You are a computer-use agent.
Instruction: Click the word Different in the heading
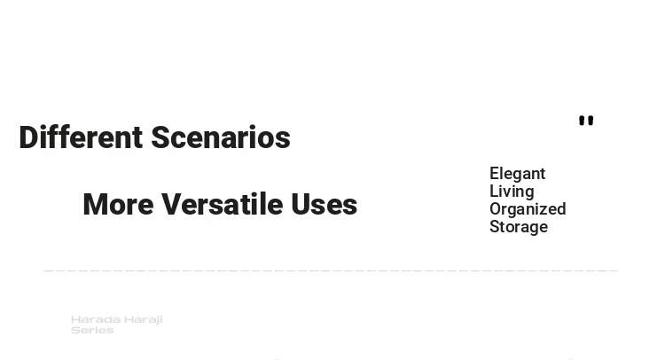[81, 137]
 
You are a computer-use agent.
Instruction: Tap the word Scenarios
[221, 137]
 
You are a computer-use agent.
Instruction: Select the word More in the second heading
[118, 204]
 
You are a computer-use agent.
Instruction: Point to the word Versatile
[223, 204]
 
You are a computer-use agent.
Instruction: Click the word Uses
[324, 204]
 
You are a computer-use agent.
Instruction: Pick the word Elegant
[518, 174]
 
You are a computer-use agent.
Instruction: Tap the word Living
[512, 192]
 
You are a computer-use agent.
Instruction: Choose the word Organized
[528, 209]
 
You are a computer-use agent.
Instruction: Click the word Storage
[519, 227]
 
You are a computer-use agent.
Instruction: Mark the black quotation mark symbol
[586, 121]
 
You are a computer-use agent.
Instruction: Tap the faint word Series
[92, 330]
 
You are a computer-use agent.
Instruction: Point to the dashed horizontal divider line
[332, 270]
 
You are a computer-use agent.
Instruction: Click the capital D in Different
[27, 137]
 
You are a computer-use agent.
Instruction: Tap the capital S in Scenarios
[160, 137]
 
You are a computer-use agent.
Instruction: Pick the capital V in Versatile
[171, 204]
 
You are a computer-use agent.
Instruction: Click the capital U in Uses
[301, 204]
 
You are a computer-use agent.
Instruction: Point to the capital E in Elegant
[495, 174]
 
